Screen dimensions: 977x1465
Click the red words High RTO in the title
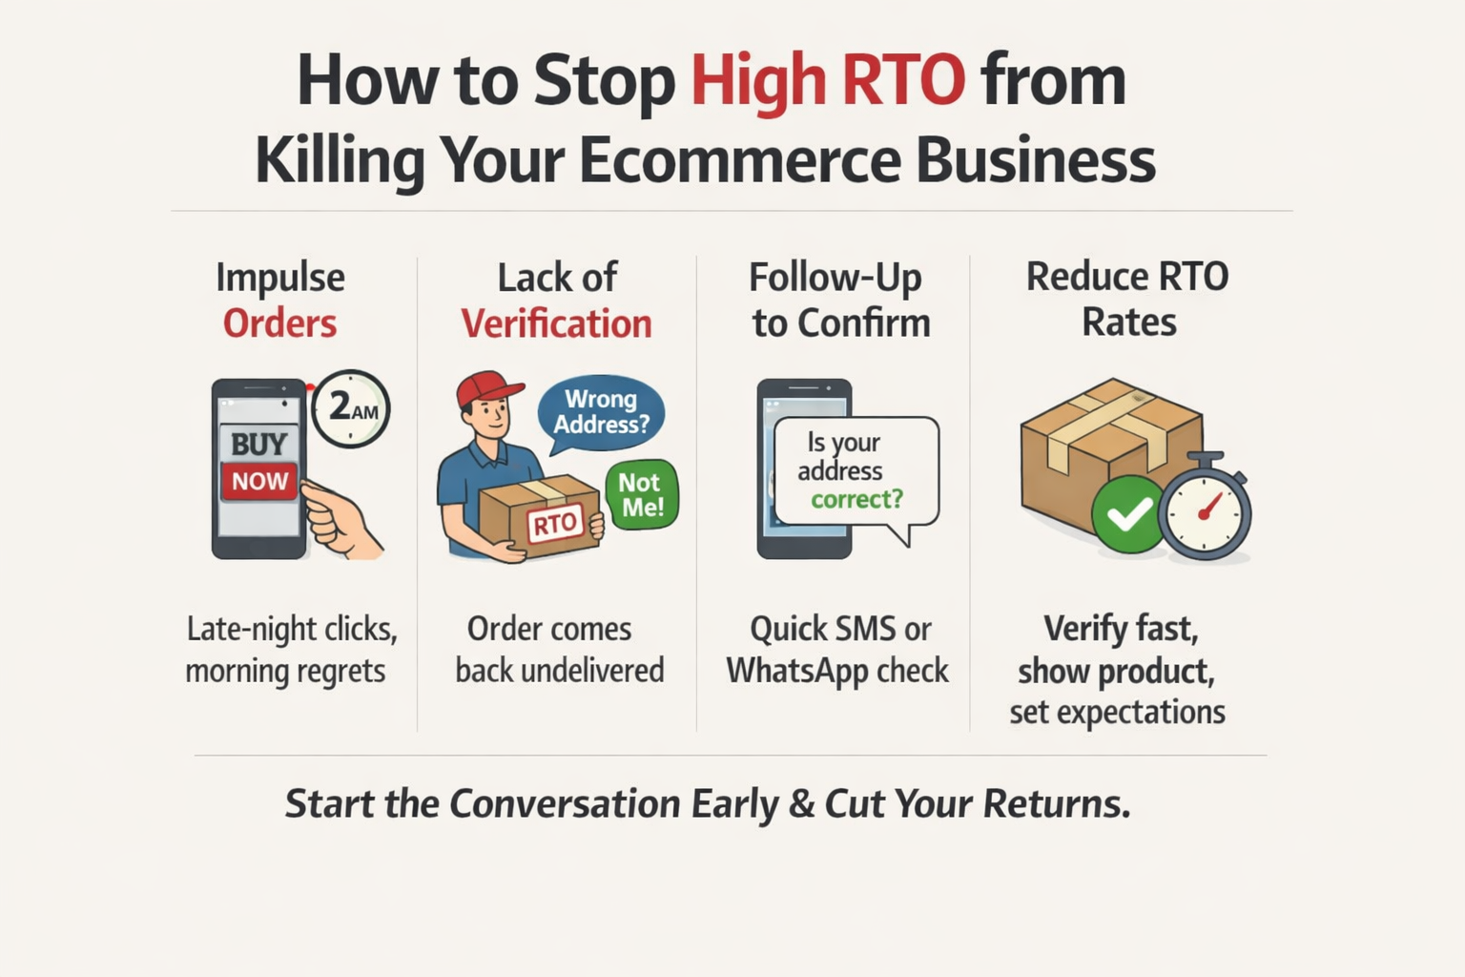click(827, 80)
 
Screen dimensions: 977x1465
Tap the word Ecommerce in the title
click(739, 159)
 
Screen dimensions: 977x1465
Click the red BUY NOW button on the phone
click(258, 481)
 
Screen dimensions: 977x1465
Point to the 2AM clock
click(350, 408)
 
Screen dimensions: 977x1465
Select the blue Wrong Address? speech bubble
click(601, 412)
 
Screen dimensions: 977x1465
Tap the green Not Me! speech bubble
click(642, 494)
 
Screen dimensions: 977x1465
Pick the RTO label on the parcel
click(554, 523)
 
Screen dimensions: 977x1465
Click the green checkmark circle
click(1128, 515)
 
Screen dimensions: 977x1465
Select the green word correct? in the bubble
click(856, 499)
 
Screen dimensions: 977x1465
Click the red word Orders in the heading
click(279, 323)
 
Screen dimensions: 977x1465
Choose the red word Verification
click(556, 323)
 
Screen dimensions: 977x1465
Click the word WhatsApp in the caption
click(796, 671)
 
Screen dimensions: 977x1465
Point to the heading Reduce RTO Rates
click(1127, 299)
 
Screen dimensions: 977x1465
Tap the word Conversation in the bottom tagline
click(564, 803)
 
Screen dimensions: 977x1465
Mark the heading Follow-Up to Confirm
click(839, 300)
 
